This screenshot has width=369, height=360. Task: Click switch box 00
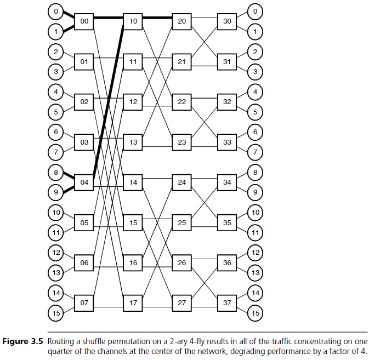point(84,21)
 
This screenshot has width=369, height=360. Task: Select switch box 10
point(133,21)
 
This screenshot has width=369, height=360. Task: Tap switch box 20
point(182,21)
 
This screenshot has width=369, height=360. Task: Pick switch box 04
point(84,182)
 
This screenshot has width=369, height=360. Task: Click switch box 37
point(227,302)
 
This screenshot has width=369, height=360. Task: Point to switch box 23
point(182,142)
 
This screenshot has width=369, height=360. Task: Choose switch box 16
point(133,262)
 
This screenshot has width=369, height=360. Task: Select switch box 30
point(227,21)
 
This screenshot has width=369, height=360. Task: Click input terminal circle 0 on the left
point(56,11)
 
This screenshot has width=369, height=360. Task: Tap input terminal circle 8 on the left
point(56,172)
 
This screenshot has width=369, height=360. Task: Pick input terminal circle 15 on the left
point(56,313)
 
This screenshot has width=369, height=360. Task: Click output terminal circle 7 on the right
point(254,152)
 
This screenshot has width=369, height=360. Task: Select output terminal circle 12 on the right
point(254,253)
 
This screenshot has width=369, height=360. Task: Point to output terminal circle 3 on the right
point(254,71)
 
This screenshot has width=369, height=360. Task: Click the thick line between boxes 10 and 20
point(158,18)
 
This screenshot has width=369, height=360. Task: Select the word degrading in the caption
point(266,351)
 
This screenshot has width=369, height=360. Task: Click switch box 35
point(227,222)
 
